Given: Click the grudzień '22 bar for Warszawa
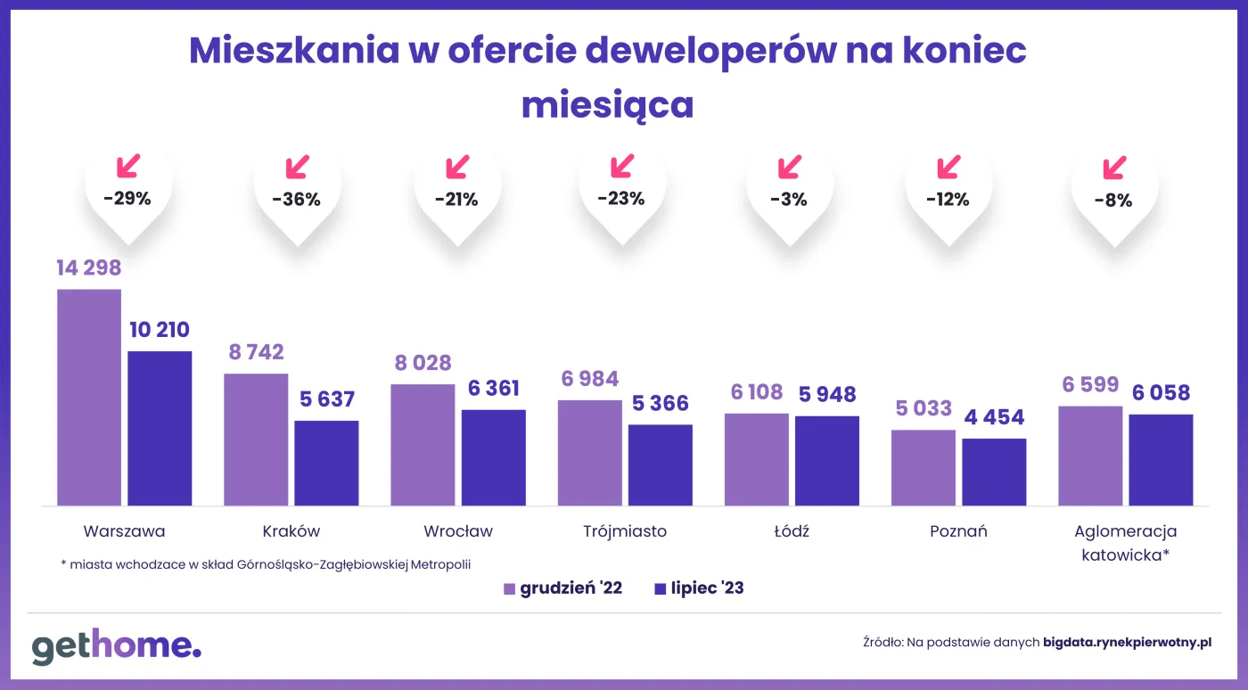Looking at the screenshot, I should point(89,398).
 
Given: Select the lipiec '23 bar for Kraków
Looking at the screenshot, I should point(326,463).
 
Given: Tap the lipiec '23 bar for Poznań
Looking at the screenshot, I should point(994,472).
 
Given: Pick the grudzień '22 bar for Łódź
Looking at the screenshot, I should point(756,459).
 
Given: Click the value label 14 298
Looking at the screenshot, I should point(89,268).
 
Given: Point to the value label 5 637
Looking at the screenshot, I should point(326,399).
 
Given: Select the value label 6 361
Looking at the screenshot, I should point(493,389).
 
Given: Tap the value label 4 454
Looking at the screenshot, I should point(994,417).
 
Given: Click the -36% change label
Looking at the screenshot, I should point(296,200).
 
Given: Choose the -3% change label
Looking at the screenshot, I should point(789,200).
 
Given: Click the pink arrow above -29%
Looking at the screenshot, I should point(128,166).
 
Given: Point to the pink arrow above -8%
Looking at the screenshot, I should point(1114,167).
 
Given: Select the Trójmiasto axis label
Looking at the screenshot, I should point(625,531).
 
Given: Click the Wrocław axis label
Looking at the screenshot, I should point(458,531).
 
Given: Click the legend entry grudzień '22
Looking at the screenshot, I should point(562,588).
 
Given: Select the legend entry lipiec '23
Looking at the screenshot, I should point(699,588).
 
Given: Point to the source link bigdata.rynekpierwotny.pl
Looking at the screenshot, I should point(1128,642).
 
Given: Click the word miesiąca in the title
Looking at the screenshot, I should point(607,104).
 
